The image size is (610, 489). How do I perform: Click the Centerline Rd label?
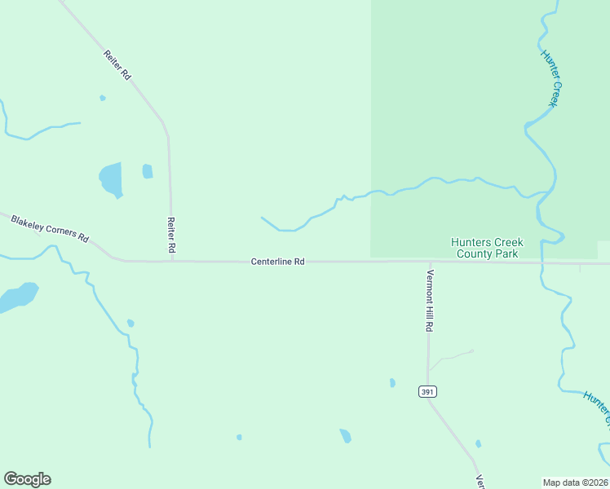pyautogui.click(x=277, y=262)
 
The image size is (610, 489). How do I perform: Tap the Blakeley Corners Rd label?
pyautogui.click(x=49, y=228)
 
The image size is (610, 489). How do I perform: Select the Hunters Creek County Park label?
pyautogui.click(x=488, y=248)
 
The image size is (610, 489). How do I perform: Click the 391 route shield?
pyautogui.click(x=427, y=392)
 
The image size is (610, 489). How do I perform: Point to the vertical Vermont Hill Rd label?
pyautogui.click(x=429, y=300)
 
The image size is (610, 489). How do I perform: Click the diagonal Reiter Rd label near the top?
pyautogui.click(x=117, y=65)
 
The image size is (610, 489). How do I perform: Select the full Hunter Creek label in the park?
pyautogui.click(x=552, y=78)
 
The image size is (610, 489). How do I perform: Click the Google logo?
pyautogui.click(x=27, y=479)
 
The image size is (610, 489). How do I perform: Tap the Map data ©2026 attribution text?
pyautogui.click(x=575, y=482)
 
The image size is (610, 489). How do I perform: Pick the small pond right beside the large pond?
pyautogui.click(x=148, y=171)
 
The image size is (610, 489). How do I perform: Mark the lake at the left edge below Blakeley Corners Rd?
pyautogui.click(x=16, y=297)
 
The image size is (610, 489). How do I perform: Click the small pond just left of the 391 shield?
pyautogui.click(x=392, y=382)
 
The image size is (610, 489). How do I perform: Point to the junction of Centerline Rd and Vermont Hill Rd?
pyautogui.click(x=429, y=262)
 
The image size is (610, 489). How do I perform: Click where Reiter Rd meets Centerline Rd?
pyautogui.click(x=171, y=261)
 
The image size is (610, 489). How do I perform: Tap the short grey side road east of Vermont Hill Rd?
pyautogui.click(x=452, y=356)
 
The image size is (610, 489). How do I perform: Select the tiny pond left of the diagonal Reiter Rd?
pyautogui.click(x=103, y=98)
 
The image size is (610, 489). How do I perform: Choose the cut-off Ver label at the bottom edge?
pyautogui.click(x=481, y=482)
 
